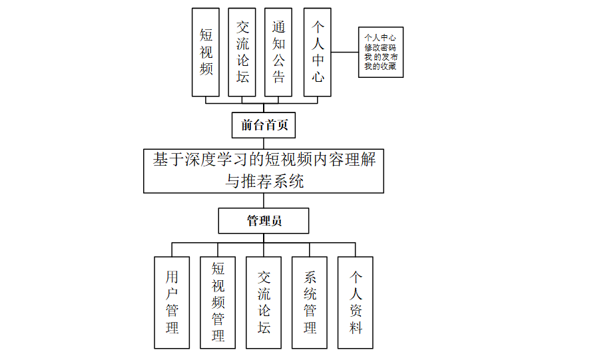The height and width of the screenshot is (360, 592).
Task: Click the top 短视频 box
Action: click(205, 52)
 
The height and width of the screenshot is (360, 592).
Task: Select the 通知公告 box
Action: click(278, 52)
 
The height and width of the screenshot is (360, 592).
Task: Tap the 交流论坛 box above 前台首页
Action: click(242, 52)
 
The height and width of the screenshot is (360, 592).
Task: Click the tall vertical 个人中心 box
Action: click(318, 52)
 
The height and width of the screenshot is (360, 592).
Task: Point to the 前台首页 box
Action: click(264, 125)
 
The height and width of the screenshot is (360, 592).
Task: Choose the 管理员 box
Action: click(264, 221)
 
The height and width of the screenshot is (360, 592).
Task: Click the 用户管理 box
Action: click(172, 303)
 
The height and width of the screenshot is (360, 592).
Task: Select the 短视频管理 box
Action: click(218, 303)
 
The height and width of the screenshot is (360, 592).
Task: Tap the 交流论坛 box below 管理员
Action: click(264, 303)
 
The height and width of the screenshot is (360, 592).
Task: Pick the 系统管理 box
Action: click(310, 303)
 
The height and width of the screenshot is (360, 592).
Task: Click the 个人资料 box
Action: click(356, 303)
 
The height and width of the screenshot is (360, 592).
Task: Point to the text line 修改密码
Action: click(380, 47)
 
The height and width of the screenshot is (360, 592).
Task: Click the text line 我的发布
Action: click(381, 57)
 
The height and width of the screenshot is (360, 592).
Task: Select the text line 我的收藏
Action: click(380, 67)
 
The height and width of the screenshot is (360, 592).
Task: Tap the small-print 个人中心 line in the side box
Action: click(380, 38)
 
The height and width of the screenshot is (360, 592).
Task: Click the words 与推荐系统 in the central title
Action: click(264, 181)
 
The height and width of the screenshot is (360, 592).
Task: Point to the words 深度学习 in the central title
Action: click(216, 160)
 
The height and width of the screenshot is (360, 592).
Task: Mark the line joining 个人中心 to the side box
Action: click(345, 52)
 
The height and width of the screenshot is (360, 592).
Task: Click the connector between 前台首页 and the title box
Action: click(264, 143)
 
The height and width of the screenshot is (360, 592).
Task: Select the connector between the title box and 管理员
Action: click(264, 200)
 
